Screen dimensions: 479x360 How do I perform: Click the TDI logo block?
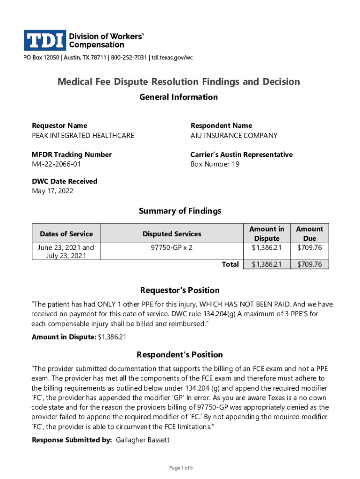coord(45,40)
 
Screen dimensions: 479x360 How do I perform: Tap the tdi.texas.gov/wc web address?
coord(171,58)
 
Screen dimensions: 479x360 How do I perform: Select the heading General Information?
coord(179,97)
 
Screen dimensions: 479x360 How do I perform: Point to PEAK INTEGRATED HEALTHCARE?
coord(83,136)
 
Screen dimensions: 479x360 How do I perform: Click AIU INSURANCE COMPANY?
coord(234,136)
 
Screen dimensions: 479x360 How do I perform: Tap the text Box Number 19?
coord(215,164)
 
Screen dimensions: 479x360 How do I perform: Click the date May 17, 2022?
coord(52,191)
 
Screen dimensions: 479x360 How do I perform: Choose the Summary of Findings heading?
coord(180,211)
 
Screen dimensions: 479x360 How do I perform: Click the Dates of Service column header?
coord(66,234)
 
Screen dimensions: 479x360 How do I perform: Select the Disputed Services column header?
coord(172,234)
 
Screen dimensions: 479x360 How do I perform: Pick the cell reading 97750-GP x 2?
coord(172,247)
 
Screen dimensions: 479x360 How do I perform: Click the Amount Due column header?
coord(309,233)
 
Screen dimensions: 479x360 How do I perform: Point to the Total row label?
coord(230,264)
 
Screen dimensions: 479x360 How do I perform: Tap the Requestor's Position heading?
coord(180,290)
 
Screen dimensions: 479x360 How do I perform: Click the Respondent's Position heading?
coord(180,355)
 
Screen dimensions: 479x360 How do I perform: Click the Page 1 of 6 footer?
coord(180,468)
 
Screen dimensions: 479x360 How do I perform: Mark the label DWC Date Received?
coord(65,181)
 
